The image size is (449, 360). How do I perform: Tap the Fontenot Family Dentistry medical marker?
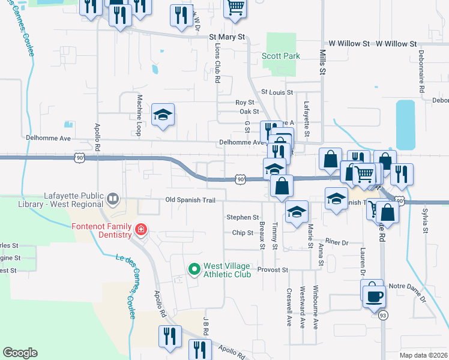coord(140,229)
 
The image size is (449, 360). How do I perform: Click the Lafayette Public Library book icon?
coord(112,198)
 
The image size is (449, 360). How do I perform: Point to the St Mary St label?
coord(228,37)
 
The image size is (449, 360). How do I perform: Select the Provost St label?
coord(273,270)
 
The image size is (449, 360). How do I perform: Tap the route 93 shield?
coord(383,314)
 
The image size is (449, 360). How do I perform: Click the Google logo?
coord(20,353)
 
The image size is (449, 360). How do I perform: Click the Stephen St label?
coord(243,217)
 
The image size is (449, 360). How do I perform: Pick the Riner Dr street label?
coord(337,242)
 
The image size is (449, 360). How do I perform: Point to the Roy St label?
coord(245,103)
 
